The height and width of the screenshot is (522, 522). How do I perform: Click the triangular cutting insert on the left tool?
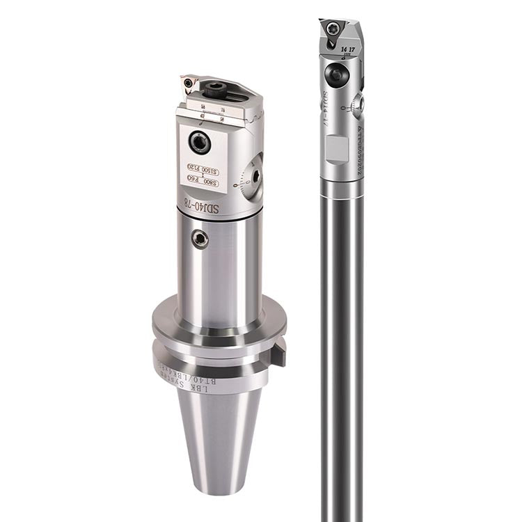pos(188,86)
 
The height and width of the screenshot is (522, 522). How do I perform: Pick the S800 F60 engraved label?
pos(203,182)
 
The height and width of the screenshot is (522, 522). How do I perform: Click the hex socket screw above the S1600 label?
pos(200,143)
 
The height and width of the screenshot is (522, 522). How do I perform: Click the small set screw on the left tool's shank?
pos(200,239)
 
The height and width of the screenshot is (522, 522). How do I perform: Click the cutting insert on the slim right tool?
pos(332,29)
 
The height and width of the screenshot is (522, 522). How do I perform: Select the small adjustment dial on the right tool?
pos(358,105)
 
